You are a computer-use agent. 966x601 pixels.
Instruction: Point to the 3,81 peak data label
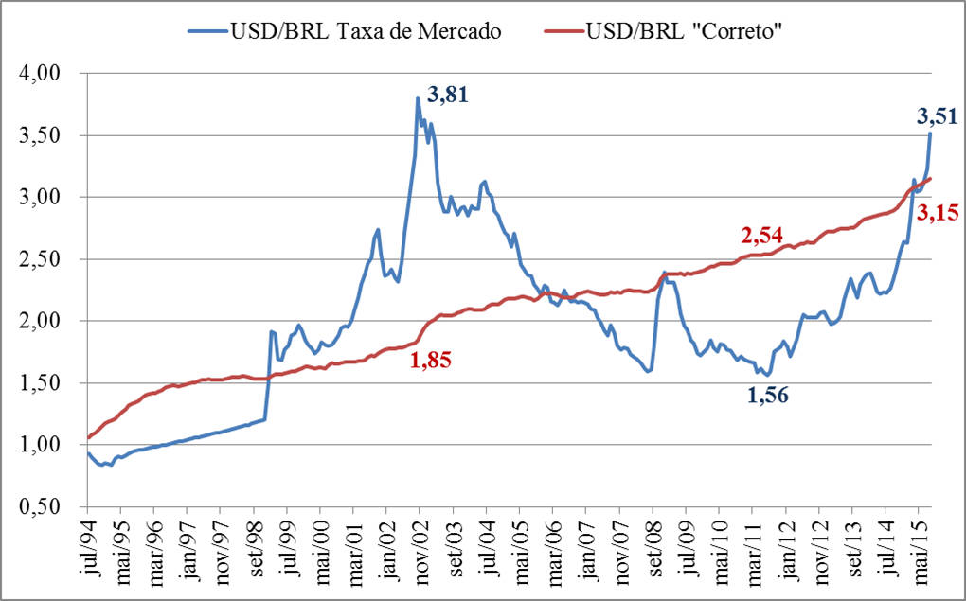(448, 95)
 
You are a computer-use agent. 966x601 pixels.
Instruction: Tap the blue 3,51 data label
(938, 116)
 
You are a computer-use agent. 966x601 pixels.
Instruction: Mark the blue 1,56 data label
(768, 396)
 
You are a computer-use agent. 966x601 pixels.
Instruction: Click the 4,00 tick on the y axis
(41, 73)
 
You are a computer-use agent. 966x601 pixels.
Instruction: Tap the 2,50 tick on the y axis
(41, 259)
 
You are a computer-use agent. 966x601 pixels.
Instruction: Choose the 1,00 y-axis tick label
(41, 445)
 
